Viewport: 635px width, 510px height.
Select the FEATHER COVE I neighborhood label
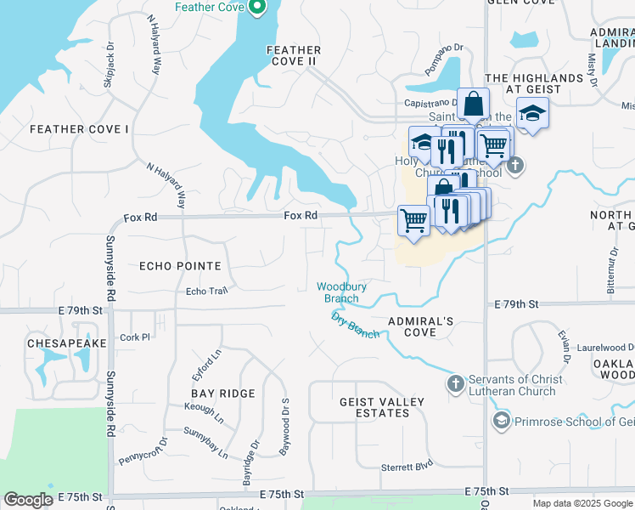pos(79,129)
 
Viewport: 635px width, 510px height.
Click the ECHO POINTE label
pos(179,266)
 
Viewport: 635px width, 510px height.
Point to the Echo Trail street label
pos(207,292)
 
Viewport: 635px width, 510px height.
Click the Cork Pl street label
pos(135,337)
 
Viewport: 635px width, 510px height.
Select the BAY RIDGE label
pos(223,394)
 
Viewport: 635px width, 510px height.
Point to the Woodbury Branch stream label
pos(341,292)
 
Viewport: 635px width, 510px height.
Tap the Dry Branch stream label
pos(355,326)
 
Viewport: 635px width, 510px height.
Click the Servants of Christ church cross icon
pos(456,383)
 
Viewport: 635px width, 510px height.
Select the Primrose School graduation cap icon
pos(502,421)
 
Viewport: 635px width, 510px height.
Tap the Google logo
pos(28,500)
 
